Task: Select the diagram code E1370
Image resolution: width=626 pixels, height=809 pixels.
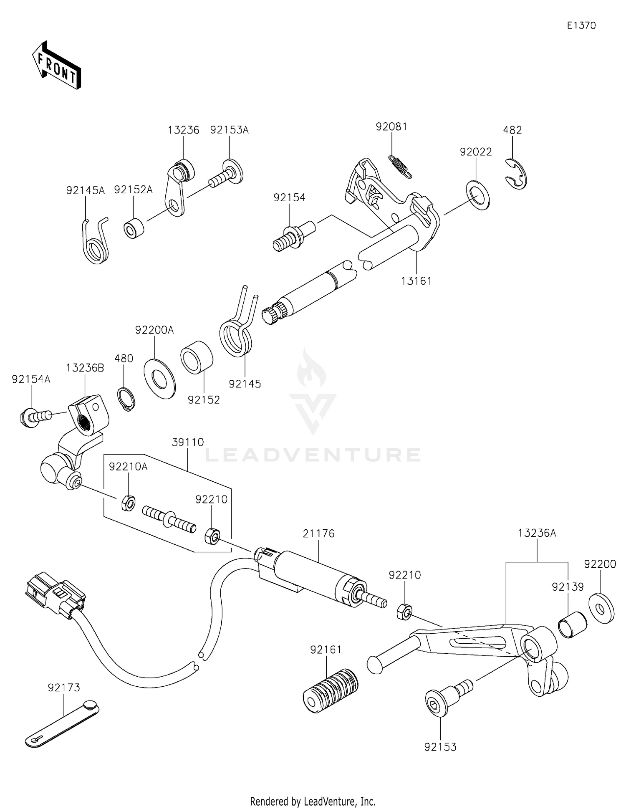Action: point(581,25)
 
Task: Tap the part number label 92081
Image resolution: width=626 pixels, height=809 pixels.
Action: point(391,127)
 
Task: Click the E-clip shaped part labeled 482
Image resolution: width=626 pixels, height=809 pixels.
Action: point(517,173)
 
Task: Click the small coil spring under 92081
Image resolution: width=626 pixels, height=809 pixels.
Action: point(400,166)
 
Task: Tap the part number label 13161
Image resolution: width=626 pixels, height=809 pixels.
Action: point(416,281)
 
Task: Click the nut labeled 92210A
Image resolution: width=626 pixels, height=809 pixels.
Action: point(128,504)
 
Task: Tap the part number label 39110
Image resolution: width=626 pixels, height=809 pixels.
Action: point(188,442)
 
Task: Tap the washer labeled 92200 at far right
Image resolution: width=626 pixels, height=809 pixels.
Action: point(601,609)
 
